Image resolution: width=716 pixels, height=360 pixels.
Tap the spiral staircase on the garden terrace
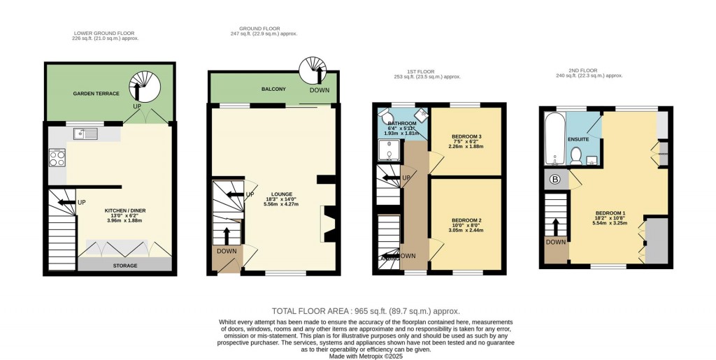(x=147, y=87)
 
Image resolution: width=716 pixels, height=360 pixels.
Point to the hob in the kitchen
(x=57, y=158)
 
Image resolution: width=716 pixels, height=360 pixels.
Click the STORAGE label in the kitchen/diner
(x=126, y=266)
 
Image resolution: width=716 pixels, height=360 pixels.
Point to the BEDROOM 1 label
(x=610, y=213)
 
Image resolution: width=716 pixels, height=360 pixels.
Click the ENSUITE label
(x=578, y=140)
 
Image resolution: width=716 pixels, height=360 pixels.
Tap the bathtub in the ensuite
(x=553, y=141)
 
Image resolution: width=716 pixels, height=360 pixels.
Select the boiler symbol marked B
(x=556, y=179)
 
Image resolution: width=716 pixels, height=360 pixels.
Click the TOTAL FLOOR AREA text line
(x=366, y=311)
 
